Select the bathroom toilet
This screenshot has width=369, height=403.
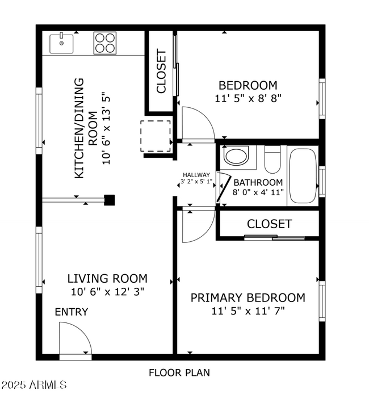point(272,159)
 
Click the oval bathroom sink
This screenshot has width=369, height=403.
point(236,156)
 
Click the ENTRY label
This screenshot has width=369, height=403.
point(72,312)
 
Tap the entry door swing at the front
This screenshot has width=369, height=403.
point(75,340)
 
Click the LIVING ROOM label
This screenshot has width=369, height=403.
point(107,279)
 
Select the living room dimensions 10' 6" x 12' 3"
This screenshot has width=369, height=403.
point(107,292)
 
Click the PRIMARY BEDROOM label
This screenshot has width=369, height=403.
point(248,297)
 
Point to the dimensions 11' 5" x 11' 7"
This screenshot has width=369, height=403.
point(248,310)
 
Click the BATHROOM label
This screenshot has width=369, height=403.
point(258,182)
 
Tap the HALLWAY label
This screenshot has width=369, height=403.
point(196,175)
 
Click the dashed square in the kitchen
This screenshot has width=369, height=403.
point(156,136)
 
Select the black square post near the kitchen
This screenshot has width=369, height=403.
point(110,200)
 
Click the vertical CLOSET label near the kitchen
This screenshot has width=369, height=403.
point(161,72)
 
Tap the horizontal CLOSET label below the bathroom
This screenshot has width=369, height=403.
point(269,224)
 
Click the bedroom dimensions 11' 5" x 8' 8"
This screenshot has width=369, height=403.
point(248,98)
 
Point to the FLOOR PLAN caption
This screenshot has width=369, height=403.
point(179,373)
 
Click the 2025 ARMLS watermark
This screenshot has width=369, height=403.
point(34,385)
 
